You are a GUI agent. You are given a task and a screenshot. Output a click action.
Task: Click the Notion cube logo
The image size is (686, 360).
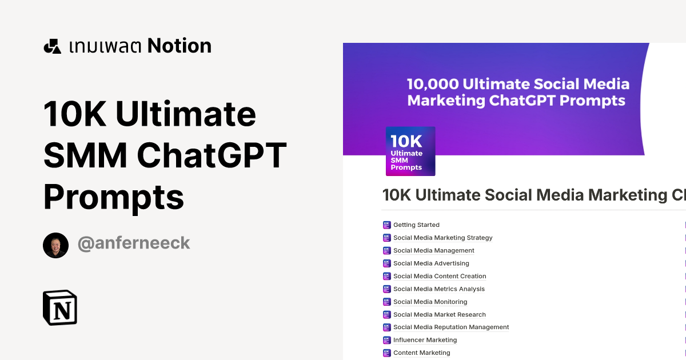(x=60, y=307)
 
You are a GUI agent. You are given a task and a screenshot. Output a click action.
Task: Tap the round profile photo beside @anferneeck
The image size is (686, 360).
(x=55, y=245)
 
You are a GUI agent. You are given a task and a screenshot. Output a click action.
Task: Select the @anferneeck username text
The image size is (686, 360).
(x=133, y=243)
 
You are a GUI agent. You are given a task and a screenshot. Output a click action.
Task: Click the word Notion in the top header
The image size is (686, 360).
(x=179, y=46)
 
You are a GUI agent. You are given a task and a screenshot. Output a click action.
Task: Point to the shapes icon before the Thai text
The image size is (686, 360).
(x=52, y=46)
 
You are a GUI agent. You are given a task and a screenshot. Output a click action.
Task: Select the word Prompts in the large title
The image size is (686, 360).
(x=114, y=197)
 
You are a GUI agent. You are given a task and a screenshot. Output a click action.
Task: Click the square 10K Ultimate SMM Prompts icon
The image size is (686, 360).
(x=410, y=151)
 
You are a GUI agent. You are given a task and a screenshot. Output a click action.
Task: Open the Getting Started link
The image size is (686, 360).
(x=416, y=225)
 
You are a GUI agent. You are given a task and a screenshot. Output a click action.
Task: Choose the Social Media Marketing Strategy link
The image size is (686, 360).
(x=442, y=238)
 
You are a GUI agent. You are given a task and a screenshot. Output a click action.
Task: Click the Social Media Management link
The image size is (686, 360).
(x=433, y=250)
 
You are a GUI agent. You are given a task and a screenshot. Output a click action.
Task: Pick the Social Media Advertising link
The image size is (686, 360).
(x=431, y=263)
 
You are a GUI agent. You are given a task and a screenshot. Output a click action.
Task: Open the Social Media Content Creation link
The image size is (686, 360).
(x=440, y=276)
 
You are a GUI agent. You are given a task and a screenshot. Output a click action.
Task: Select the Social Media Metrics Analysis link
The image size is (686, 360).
(x=438, y=289)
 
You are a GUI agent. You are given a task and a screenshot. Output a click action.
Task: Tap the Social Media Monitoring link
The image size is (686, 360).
(x=430, y=302)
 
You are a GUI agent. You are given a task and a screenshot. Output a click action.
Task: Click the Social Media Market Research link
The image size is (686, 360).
(x=439, y=314)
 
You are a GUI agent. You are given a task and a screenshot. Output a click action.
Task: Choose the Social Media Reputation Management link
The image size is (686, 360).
(x=450, y=327)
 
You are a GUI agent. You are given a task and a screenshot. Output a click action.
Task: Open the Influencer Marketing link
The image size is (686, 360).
(x=425, y=340)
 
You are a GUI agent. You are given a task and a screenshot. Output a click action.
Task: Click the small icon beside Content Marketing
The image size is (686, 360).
(x=386, y=353)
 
